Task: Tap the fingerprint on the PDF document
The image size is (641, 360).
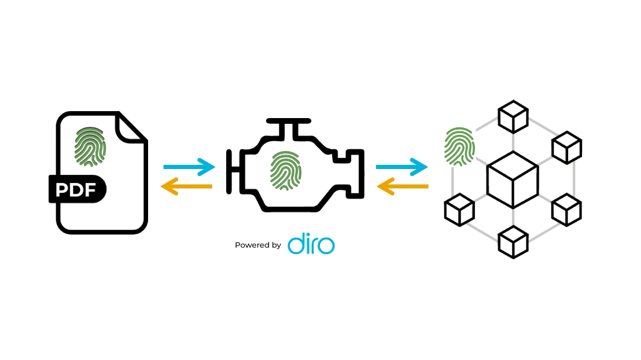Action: pos(91,146)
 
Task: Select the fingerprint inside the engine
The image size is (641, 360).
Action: pos(286,170)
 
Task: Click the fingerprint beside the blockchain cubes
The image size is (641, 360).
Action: pos(459,146)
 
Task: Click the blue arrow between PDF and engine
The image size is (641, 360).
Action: pos(189,167)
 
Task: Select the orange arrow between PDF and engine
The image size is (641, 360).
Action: pos(186,186)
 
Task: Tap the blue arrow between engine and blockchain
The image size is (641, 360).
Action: pos(401,167)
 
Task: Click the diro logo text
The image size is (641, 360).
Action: pos(311,244)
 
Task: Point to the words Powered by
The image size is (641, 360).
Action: pos(258,245)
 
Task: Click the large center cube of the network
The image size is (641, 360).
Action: pos(513,179)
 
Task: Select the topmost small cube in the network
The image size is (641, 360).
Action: pos(513,116)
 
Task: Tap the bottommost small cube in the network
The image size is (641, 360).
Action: pos(513,242)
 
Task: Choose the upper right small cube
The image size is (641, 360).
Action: pos(566,148)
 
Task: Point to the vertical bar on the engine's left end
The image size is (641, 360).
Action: pos(230,171)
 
